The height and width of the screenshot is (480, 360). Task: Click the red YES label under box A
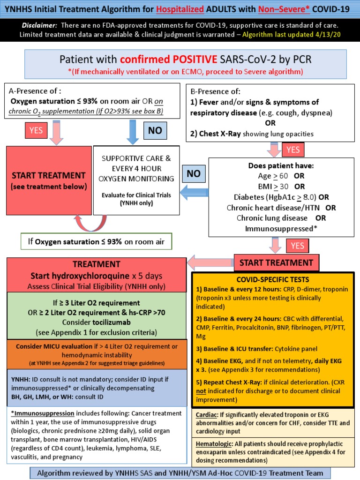[36, 131]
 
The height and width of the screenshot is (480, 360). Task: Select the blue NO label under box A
[155, 131]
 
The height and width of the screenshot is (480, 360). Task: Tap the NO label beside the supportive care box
[194, 173]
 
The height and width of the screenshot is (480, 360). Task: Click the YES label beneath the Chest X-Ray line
[293, 150]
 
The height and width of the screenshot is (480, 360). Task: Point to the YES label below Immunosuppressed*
[298, 246]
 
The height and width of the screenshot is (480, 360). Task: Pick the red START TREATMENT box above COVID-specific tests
[277, 262]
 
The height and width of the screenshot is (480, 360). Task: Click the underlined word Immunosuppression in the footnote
[42, 413]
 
